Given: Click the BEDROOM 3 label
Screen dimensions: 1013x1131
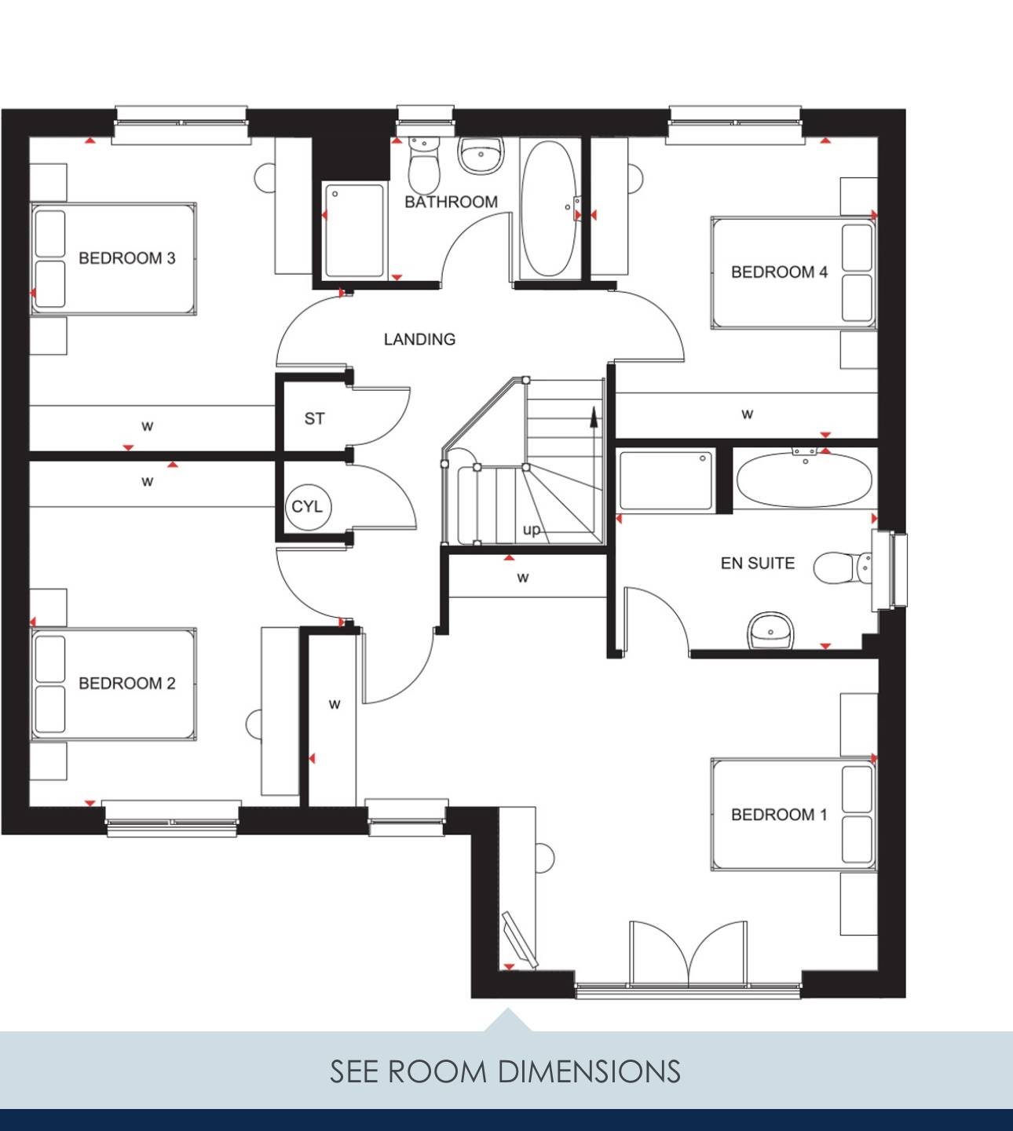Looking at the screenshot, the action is [126, 258].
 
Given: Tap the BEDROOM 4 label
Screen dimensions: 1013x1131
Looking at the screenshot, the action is [779, 272].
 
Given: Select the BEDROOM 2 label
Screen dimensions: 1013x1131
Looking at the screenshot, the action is [126, 684].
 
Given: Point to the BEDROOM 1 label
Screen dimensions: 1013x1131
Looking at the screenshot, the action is [779, 815].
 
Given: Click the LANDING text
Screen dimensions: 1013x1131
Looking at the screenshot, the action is [419, 339].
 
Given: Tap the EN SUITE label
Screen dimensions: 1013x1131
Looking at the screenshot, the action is [757, 563].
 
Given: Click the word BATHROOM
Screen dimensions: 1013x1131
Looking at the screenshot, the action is [451, 202].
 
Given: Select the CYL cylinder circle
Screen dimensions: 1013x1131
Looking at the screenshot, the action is [308, 506].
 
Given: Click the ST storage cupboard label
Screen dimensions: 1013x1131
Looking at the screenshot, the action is [314, 418].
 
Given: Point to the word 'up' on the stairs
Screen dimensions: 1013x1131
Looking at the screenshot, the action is [532, 529].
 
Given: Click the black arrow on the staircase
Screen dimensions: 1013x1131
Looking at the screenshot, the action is [594, 418].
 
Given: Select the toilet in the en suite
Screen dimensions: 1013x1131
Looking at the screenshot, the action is [842, 567].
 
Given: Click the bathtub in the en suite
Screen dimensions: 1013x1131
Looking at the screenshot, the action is [804, 480].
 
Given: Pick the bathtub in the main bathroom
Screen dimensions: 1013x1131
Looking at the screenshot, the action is [548, 208].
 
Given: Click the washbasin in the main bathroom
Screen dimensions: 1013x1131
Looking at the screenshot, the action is [481, 155].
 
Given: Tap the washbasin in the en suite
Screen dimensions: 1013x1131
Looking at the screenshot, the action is [770, 630].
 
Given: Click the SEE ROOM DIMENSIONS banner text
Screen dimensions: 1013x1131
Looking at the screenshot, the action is [506, 1071].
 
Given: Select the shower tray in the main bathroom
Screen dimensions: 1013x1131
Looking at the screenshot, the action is [355, 231].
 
